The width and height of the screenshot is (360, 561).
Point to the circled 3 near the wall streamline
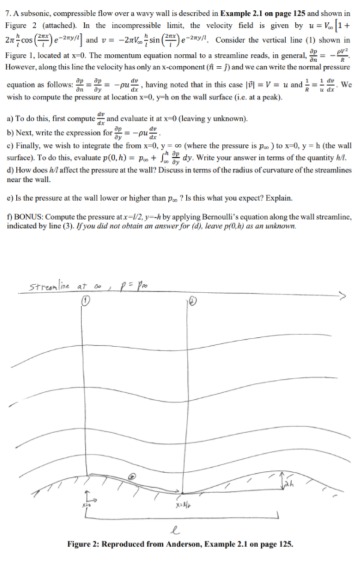pyautogui.click(x=132, y=458)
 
